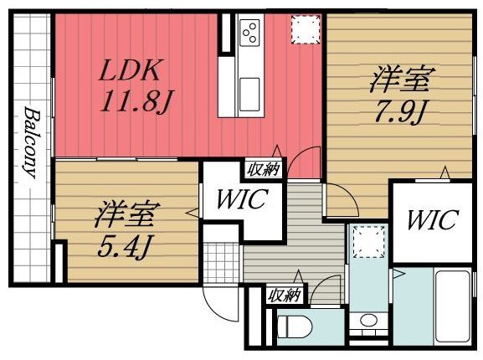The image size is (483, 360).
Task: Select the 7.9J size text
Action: pyautogui.click(x=400, y=110)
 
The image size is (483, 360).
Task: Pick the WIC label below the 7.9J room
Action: pyautogui.click(x=432, y=221)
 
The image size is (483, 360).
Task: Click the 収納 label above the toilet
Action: pyautogui.click(x=285, y=294)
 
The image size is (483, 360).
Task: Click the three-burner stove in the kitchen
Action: pyautogui.click(x=250, y=34)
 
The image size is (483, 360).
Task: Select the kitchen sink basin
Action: pyautogui.click(x=249, y=90)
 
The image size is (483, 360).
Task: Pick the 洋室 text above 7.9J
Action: pyautogui.click(x=400, y=81)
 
